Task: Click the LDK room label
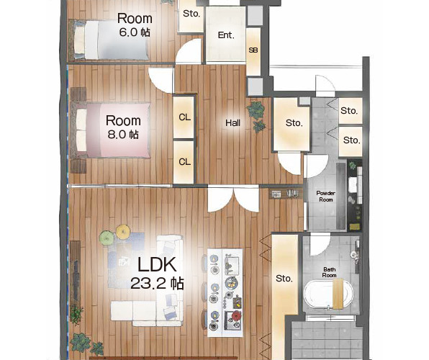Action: point(157,264)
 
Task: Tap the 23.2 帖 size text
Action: point(157,283)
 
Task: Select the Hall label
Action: point(232,123)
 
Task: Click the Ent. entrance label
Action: point(226,35)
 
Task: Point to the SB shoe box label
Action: point(253,50)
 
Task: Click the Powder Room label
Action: point(325,197)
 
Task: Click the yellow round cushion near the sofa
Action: point(122,232)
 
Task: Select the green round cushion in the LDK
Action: point(106,238)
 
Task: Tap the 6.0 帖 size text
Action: point(135,32)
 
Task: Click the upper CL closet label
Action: point(184,117)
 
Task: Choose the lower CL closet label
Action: point(184,162)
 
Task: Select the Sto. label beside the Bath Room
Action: point(284,279)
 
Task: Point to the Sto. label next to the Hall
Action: point(294,123)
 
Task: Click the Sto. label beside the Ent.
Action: point(191,14)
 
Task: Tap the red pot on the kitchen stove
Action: point(236,317)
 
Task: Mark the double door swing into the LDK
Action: point(233,199)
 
